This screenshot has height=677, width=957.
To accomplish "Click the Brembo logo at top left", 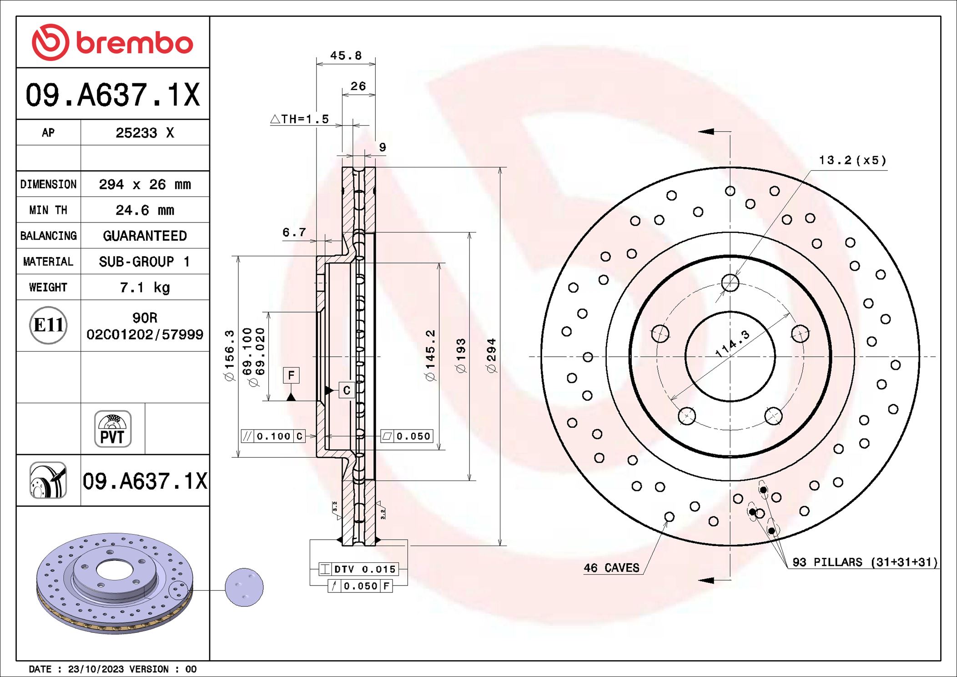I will click(112, 43).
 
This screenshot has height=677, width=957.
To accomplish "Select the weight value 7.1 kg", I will click(145, 287).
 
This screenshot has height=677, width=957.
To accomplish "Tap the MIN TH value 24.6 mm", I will click(145, 210).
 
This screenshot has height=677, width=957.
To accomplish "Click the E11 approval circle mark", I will click(48, 325).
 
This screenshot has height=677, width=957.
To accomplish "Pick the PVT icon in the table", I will click(112, 429).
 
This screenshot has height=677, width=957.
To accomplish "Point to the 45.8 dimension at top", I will click(346, 56).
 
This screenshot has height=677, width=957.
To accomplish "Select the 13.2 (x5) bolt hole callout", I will click(852, 160).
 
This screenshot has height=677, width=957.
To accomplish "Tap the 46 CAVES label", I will click(611, 568).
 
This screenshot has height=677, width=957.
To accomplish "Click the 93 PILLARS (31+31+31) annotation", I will click(864, 562).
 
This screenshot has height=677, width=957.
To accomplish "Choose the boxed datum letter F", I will click(291, 375).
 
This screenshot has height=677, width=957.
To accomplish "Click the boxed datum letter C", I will click(347, 390).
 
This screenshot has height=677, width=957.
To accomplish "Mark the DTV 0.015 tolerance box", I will click(358, 569).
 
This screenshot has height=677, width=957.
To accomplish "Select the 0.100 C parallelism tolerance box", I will click(273, 436).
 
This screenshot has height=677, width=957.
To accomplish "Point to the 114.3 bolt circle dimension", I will click(732, 344).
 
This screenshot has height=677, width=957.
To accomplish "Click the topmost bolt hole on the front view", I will click(730, 283).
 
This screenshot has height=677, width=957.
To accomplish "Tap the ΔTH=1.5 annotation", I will click(300, 119).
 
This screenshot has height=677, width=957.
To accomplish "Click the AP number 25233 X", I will click(145, 132).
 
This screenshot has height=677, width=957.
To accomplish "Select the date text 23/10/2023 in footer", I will click(96, 669).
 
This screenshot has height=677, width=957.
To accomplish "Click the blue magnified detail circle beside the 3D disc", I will click(244, 587).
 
